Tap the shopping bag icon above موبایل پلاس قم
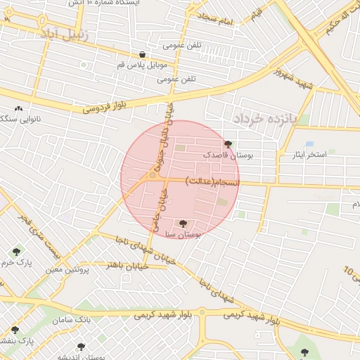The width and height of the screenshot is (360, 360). pyautogui.click(x=143, y=54)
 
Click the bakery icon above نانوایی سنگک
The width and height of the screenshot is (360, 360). pyautogui.click(x=18, y=109)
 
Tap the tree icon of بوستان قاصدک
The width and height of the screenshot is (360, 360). pyautogui.click(x=226, y=143)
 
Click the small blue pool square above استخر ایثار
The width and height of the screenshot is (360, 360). pyautogui.click(x=309, y=144)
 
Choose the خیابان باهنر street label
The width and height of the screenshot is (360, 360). pyautogui.click(x=124, y=264)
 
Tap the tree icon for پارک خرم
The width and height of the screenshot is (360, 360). pyautogui.click(x=15, y=251)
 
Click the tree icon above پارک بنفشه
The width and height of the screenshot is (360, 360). pyautogui.click(x=14, y=330)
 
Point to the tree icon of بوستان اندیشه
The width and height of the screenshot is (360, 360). pyautogui.click(x=81, y=347)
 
